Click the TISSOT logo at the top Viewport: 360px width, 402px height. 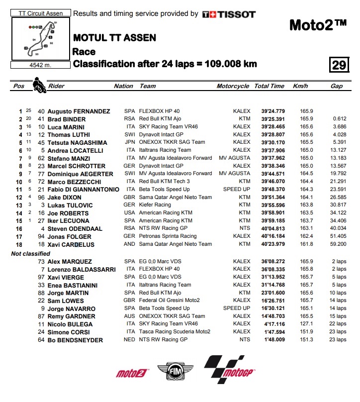click(x=229, y=14)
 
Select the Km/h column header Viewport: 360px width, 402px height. click(x=300, y=86)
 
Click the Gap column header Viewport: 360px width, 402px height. click(x=337, y=86)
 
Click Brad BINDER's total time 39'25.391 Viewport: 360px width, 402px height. click(x=270, y=119)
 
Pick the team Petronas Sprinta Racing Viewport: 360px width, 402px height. click(x=168, y=236)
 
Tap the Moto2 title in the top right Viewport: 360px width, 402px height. click(x=317, y=24)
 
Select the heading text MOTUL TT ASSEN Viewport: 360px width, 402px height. click(x=114, y=38)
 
